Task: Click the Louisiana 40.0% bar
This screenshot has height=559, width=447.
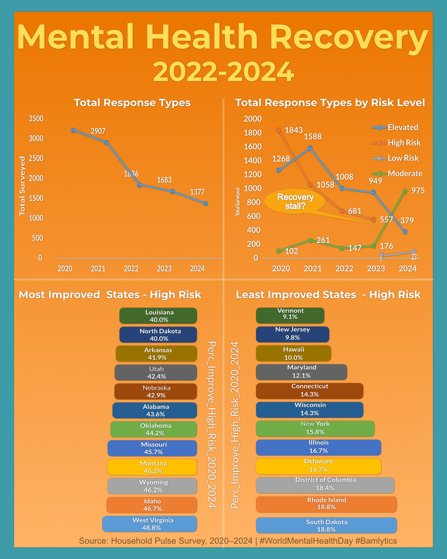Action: [158, 316]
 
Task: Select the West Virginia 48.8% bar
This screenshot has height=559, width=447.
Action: [150, 524]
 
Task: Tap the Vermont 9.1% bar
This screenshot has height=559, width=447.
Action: [290, 316]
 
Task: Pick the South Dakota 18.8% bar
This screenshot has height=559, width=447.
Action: [326, 525]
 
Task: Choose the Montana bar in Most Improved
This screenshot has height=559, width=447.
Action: [152, 467]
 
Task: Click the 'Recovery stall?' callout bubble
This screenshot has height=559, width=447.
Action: [295, 202]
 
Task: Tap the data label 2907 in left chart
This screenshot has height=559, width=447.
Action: [98, 131]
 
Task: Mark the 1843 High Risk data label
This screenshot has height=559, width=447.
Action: [294, 130]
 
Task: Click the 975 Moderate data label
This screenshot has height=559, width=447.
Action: [418, 191]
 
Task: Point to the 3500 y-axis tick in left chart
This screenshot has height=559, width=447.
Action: [36, 119]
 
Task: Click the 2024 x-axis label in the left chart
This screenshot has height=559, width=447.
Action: [197, 269]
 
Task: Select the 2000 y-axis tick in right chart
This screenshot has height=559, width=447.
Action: [252, 119]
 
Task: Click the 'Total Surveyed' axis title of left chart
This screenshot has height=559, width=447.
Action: [22, 186]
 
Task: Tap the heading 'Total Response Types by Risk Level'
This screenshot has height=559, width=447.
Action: [330, 103]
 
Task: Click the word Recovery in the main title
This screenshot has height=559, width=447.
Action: [348, 37]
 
